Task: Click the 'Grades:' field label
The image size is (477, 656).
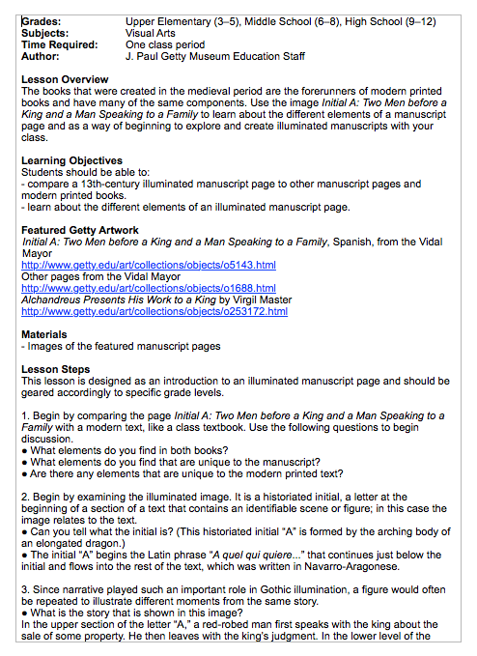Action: point(42,20)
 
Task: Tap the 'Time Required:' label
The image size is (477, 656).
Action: point(60,44)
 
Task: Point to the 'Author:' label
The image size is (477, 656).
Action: point(41,56)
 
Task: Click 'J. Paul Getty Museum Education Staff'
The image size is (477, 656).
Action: point(215,56)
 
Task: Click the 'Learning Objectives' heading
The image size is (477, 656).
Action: point(72,160)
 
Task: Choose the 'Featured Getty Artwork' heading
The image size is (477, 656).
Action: point(79,230)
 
